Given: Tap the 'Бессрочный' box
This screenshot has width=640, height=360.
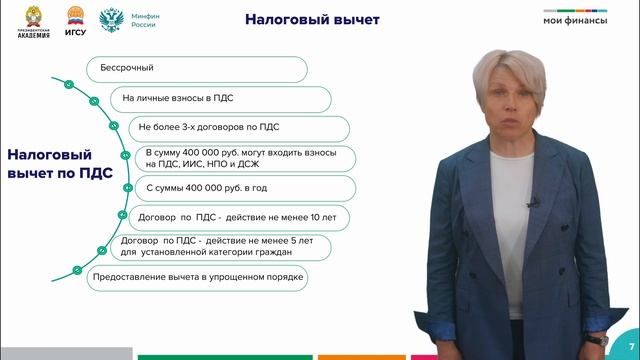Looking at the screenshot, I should [x=196, y=69].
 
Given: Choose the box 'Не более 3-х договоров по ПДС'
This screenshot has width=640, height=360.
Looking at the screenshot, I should [x=239, y=128].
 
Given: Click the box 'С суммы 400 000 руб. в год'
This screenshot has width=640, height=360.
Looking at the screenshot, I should [x=242, y=188].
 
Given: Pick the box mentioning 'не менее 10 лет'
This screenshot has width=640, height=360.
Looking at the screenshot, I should [x=243, y=217].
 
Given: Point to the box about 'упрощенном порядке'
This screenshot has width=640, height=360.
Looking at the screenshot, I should [x=197, y=277].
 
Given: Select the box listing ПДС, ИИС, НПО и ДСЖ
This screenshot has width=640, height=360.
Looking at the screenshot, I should [x=243, y=158].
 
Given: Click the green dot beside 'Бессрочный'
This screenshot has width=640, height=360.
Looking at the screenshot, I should [x=68, y=85].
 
